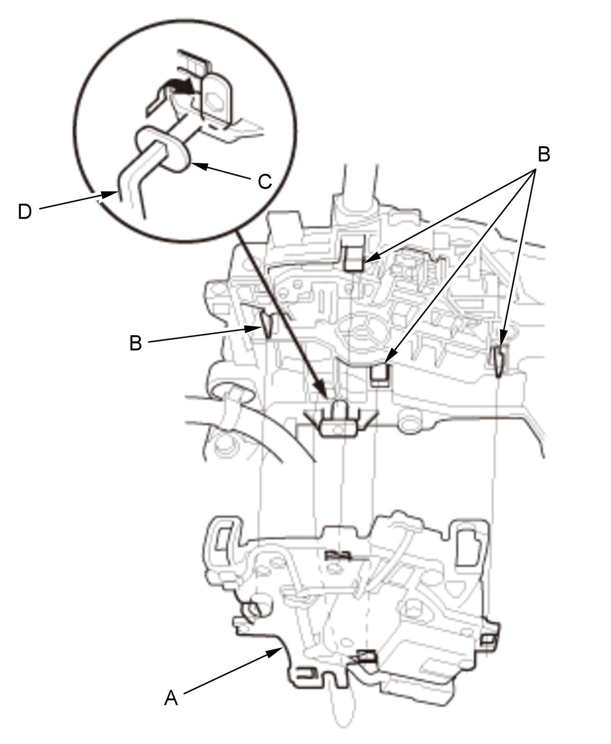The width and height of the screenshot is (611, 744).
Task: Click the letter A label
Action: (171, 698)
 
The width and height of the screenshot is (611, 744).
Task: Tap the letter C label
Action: (264, 182)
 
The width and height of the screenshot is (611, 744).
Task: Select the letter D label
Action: (24, 212)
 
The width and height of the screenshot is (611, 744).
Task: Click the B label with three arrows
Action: (544, 154)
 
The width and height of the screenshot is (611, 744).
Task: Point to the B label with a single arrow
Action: (135, 342)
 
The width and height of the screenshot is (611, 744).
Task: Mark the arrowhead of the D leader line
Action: (110, 195)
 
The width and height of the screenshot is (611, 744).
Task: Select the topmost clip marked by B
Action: (354, 258)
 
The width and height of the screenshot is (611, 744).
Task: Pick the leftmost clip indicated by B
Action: (267, 324)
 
